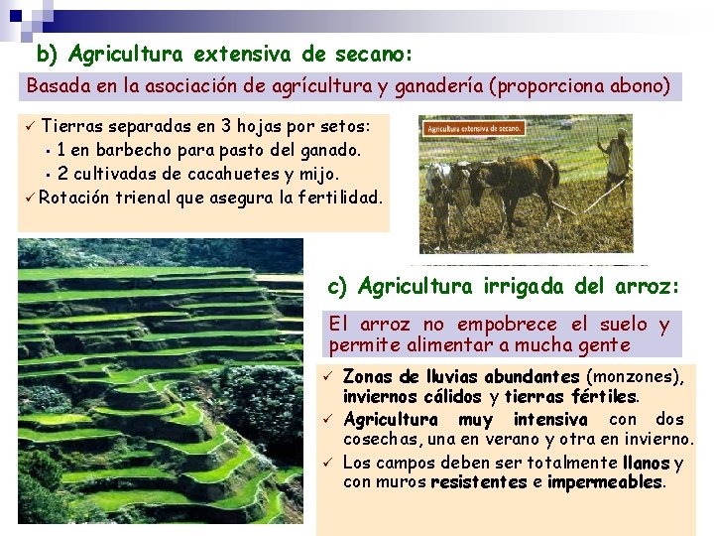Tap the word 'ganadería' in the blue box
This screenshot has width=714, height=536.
coord(437,86)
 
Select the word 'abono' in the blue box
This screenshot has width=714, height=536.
coord(637,86)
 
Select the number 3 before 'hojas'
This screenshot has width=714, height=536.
coord(227,128)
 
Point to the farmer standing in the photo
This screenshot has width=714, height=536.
coord(616,158)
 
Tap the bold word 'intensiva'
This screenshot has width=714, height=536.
coord(549,420)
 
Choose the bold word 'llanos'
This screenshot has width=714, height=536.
coord(647,463)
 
